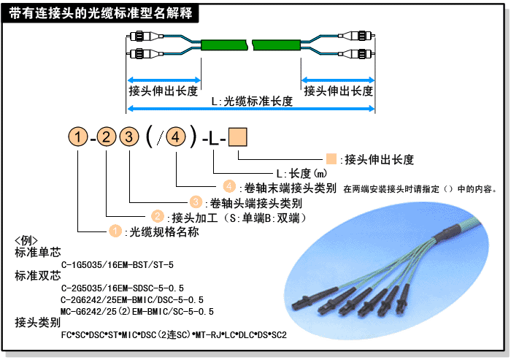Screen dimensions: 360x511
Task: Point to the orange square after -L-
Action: (x=239, y=137)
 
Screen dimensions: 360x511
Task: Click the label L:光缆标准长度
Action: (x=252, y=102)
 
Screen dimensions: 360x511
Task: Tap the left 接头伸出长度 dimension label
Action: (x=163, y=91)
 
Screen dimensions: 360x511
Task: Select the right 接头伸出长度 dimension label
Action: (x=338, y=91)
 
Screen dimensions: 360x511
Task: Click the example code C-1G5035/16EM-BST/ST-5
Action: (x=118, y=265)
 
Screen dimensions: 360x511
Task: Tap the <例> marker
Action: (x=26, y=241)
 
